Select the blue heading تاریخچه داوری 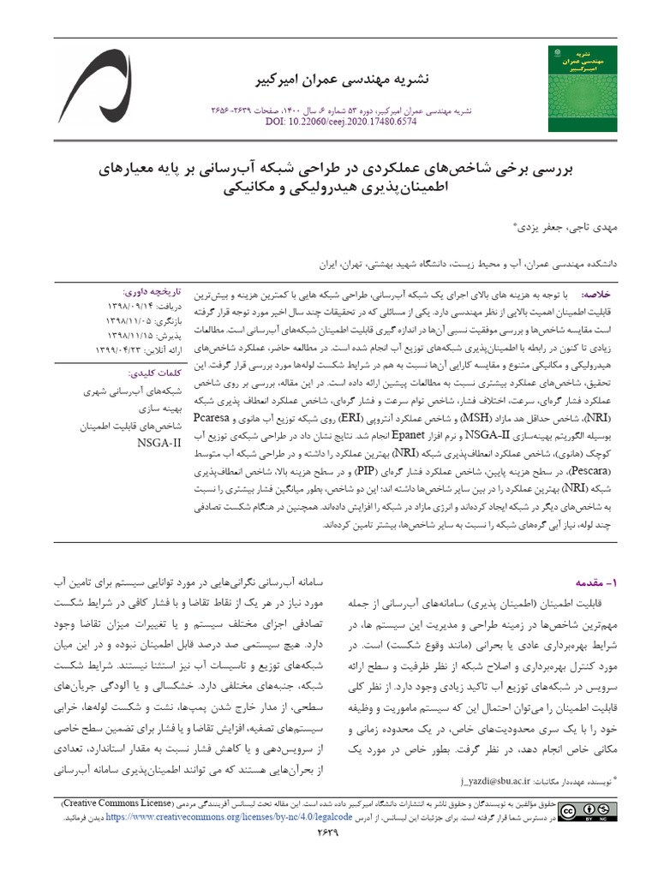(x=153, y=290)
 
